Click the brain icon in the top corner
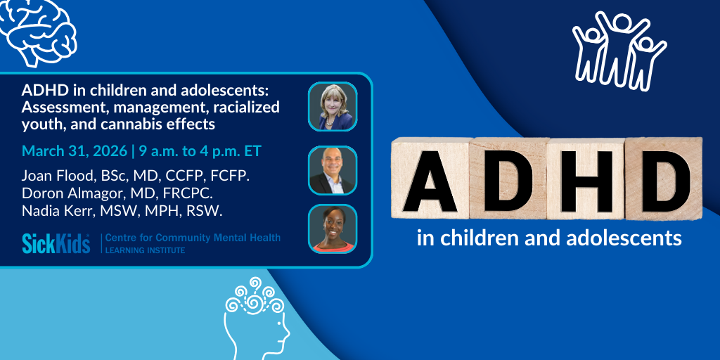(x=40, y=30)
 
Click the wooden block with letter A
(x=430, y=178)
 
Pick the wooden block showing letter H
(x=586, y=178)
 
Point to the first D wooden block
(x=508, y=178)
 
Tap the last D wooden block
(x=664, y=178)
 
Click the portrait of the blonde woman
(x=333, y=107)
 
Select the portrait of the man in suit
(x=333, y=170)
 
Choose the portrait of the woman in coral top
(x=333, y=229)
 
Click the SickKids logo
(x=56, y=243)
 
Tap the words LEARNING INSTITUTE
(x=145, y=250)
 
